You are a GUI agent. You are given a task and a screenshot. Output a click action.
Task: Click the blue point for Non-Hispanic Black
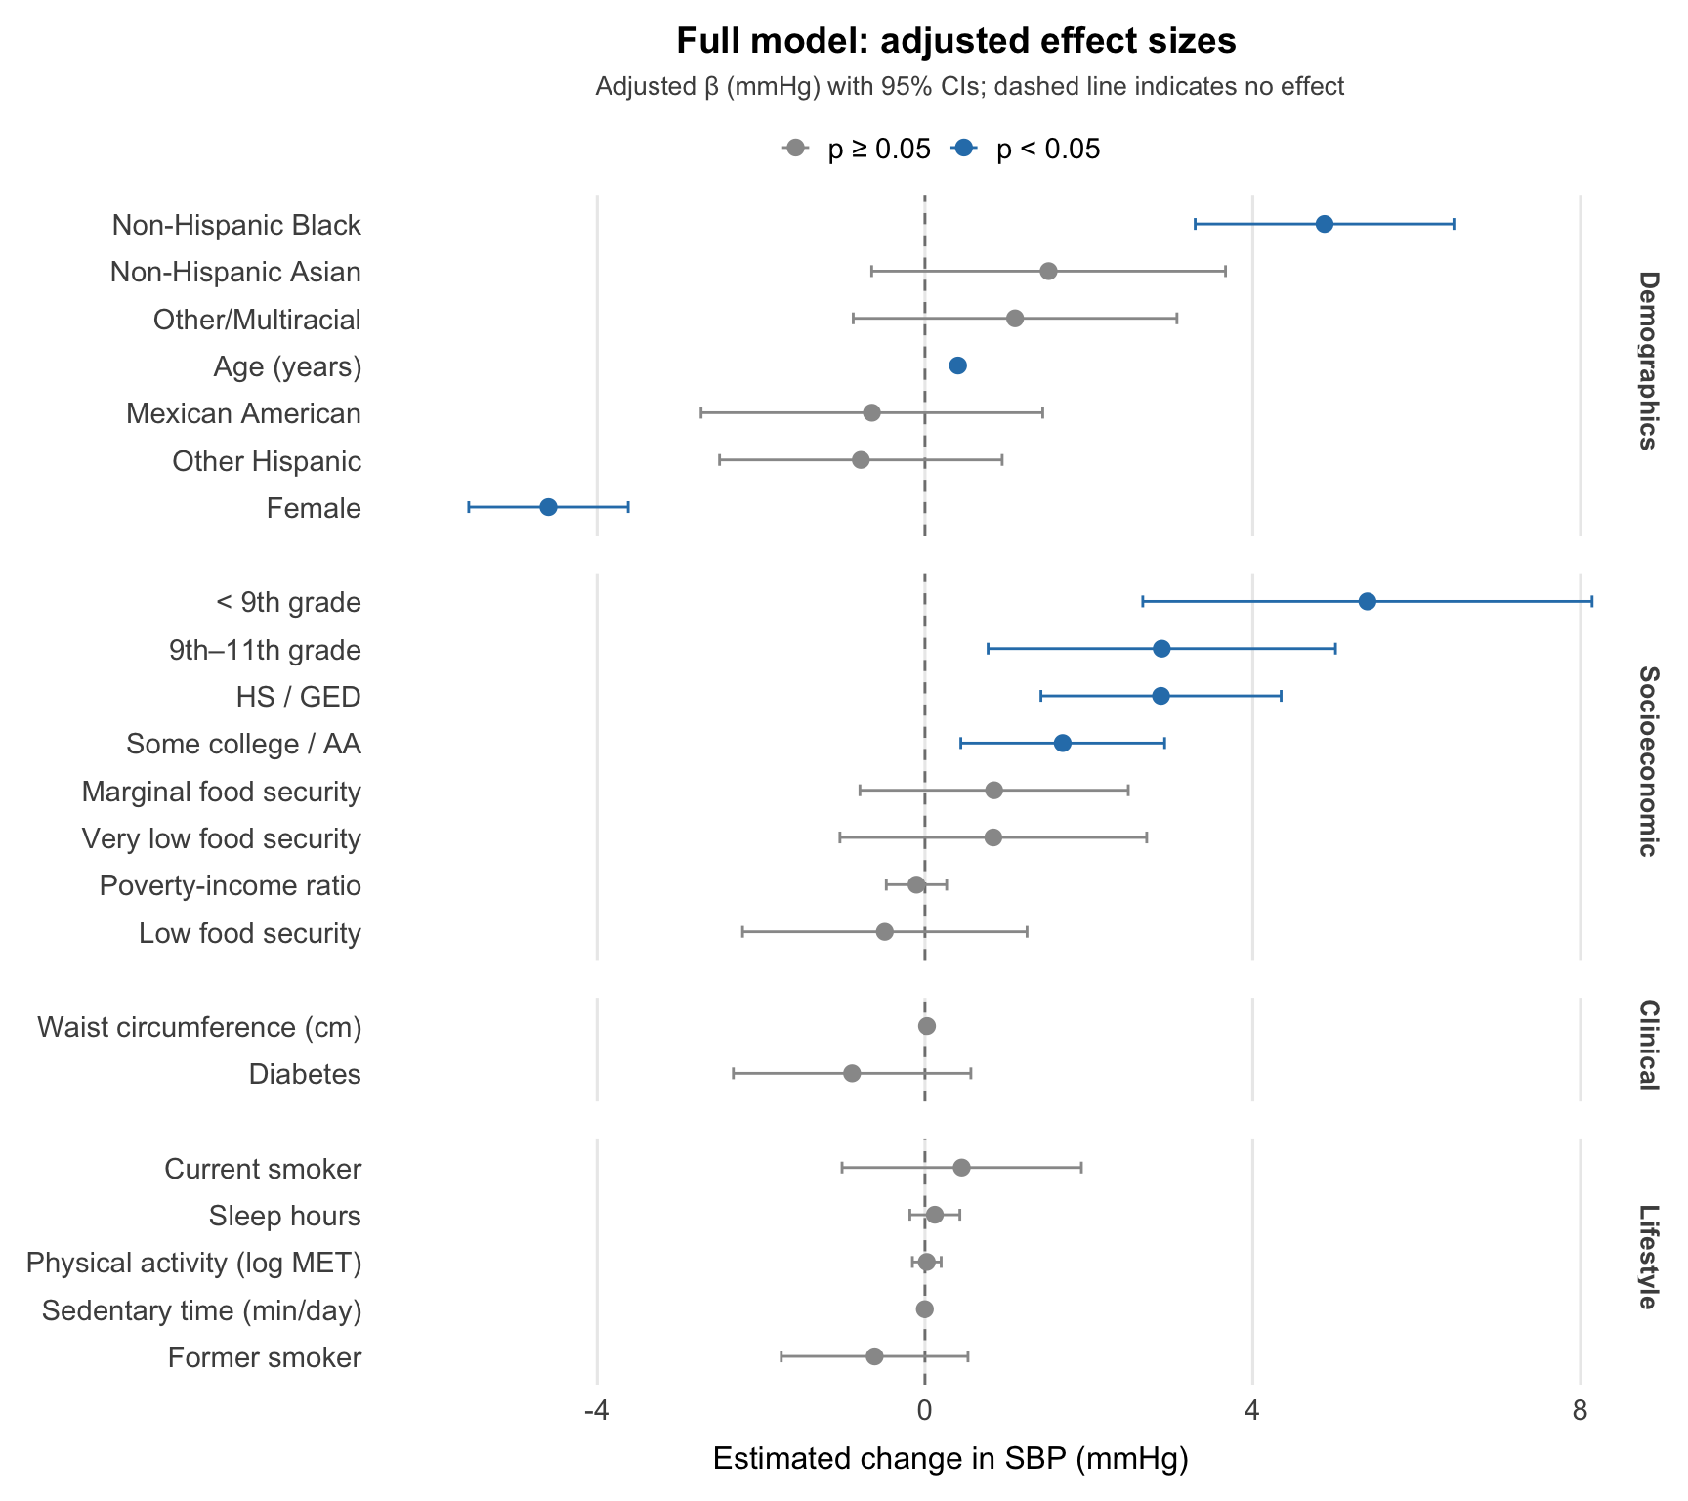(x=1324, y=224)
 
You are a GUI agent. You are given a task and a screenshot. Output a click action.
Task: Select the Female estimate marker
(x=548, y=507)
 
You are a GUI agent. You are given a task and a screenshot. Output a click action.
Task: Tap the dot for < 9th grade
(x=1367, y=601)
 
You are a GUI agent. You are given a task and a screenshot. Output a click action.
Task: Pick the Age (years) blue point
(x=957, y=365)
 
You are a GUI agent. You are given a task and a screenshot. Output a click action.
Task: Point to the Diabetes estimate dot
(x=852, y=1073)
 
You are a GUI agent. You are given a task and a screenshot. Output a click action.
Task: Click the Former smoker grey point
(x=874, y=1356)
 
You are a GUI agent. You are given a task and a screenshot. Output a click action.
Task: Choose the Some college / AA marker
(x=1062, y=744)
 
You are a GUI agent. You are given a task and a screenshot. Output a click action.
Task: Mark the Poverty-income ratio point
(x=916, y=884)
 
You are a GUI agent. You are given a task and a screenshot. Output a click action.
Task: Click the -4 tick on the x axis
(x=596, y=1410)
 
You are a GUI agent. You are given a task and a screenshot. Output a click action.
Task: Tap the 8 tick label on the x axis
(x=1580, y=1410)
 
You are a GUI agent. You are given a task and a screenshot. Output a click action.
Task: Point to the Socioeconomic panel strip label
(x=1647, y=761)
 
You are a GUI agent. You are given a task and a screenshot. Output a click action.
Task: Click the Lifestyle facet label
(x=1647, y=1257)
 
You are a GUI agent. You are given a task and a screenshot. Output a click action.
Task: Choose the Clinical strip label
(x=1647, y=1045)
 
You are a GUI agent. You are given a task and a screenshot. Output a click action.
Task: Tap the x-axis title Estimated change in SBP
(x=949, y=1459)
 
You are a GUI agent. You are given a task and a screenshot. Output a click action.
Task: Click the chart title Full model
(x=955, y=41)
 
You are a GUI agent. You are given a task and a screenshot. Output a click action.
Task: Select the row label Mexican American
(x=243, y=413)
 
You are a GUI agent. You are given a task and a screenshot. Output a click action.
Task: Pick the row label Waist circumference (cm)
(x=199, y=1027)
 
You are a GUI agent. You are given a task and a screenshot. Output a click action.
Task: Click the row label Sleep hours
(x=284, y=1216)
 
